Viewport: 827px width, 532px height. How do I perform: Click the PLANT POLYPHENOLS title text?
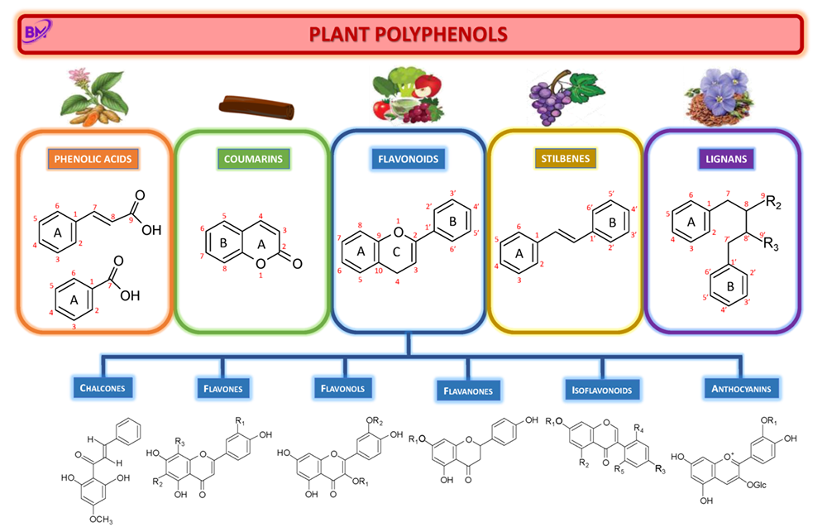coord(409,34)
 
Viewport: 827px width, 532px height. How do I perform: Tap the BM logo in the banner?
coord(38,31)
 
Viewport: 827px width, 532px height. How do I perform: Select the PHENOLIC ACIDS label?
coord(93,159)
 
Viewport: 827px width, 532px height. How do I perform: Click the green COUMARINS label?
coord(253,159)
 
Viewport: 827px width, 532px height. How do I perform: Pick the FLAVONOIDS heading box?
coord(409,159)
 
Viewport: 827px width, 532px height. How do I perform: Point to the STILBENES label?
coord(566,158)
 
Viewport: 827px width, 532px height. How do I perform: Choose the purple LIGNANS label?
coord(726,159)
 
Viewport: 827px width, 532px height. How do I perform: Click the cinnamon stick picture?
coord(256,107)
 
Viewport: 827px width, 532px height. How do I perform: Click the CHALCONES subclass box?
coord(103,388)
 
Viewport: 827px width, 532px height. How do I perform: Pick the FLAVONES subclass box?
coord(223,389)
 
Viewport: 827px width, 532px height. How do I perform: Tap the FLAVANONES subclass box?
coord(468,391)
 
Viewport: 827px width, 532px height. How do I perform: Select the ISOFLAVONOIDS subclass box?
coord(602,390)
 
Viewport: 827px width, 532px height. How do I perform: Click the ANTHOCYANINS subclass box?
coord(741,389)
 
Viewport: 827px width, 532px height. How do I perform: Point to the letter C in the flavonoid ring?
coord(396,252)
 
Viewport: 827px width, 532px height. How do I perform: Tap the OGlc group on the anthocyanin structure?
coord(757,485)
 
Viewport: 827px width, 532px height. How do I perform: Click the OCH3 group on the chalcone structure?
coord(101,520)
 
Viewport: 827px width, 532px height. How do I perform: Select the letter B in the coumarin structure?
coord(223,242)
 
